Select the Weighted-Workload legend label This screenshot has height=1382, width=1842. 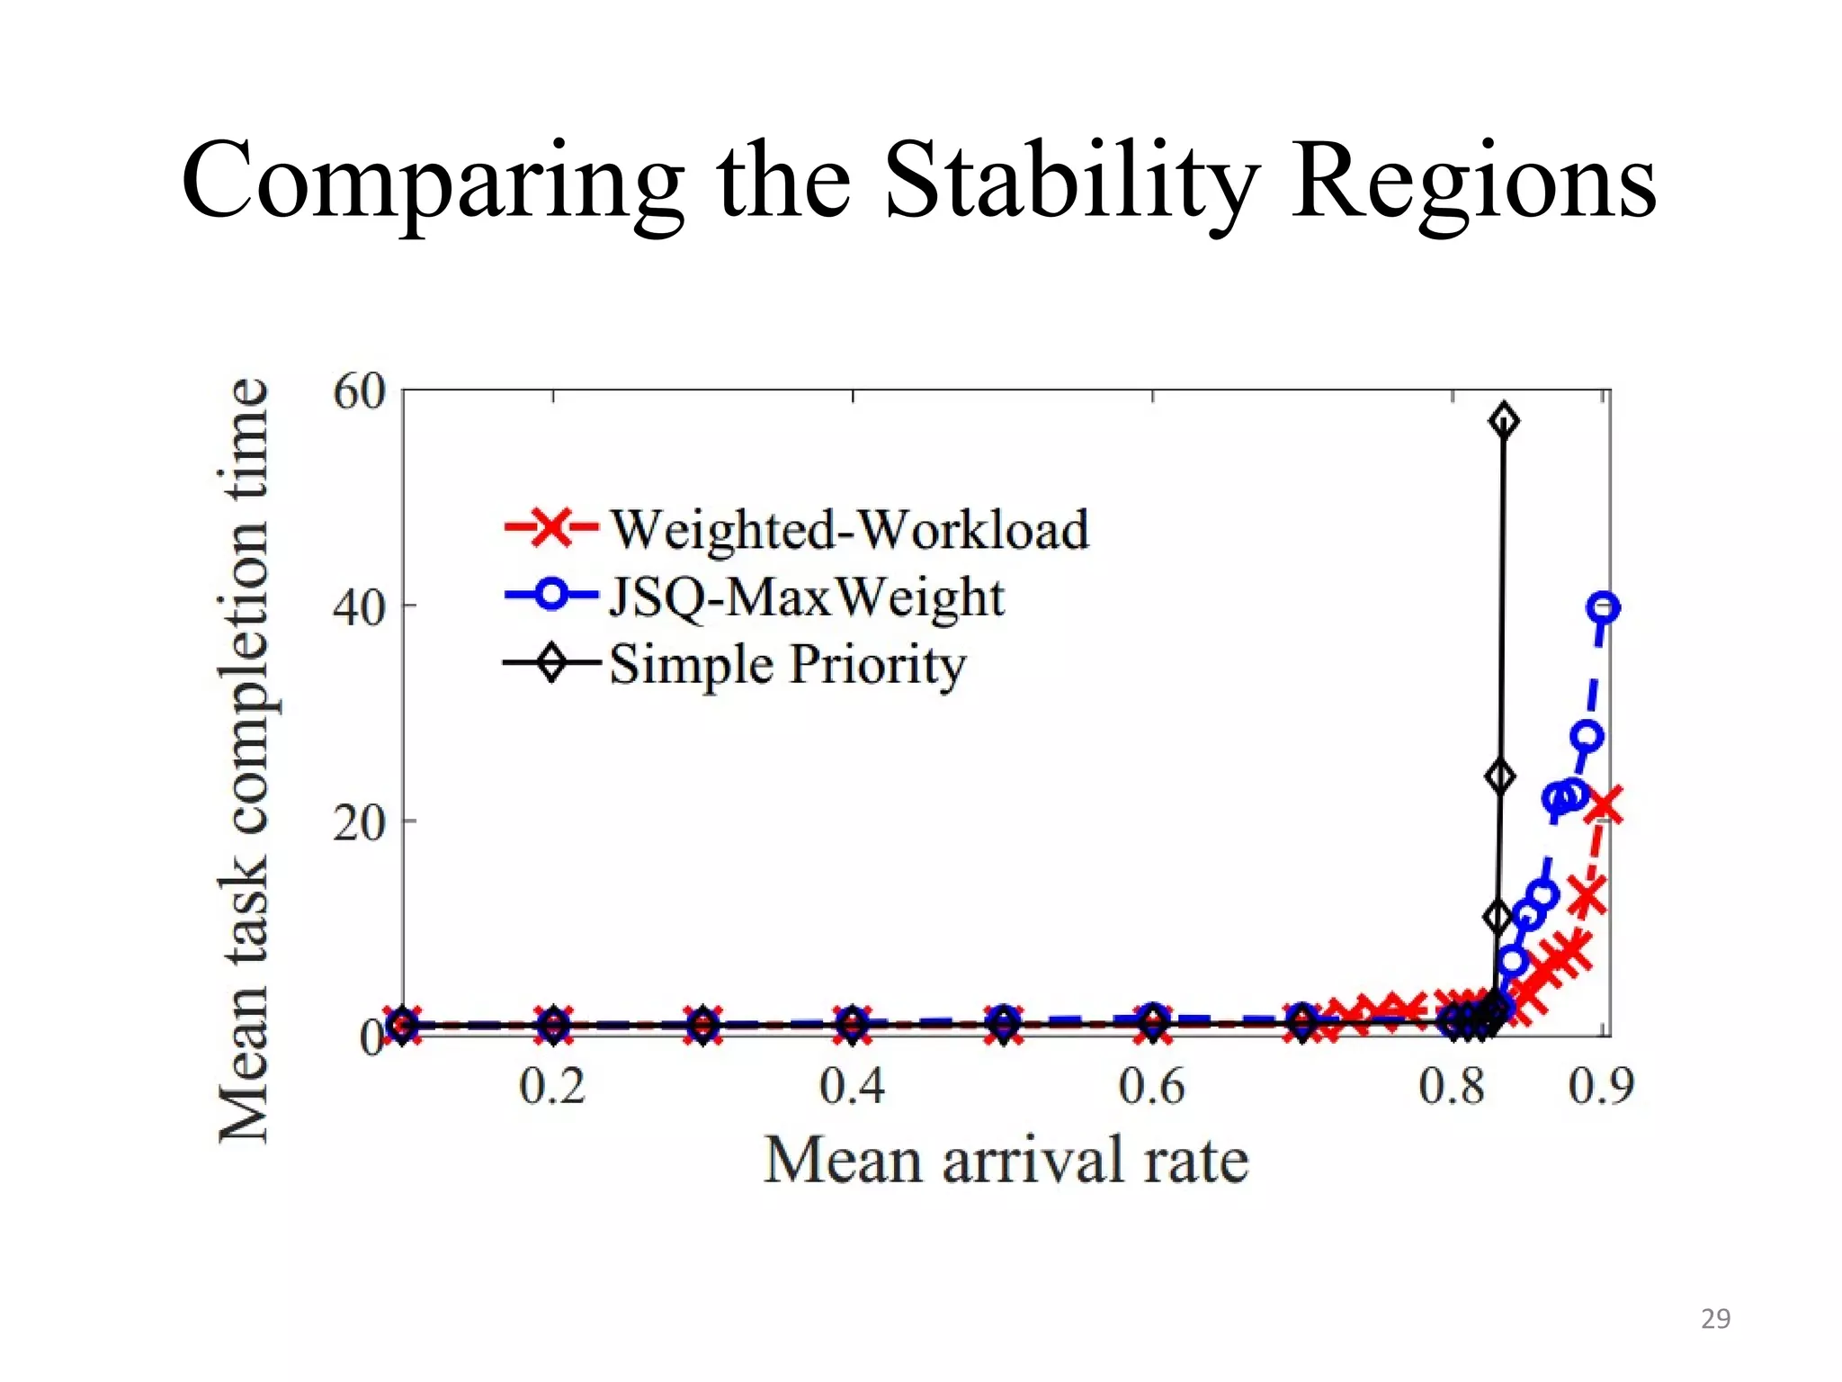pos(849,529)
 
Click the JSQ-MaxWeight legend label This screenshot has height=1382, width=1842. pos(806,597)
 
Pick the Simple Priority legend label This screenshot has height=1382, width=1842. pos(787,666)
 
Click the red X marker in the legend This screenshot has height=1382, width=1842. pos(551,527)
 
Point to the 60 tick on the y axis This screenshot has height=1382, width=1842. pos(358,392)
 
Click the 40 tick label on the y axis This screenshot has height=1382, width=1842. pos(358,607)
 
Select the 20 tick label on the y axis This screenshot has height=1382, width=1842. pos(358,822)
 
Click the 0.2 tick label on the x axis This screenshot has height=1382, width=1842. pos(552,1087)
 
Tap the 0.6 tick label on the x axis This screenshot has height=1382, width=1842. pos(1151,1087)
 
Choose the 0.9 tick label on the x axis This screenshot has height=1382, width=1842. pos(1601,1087)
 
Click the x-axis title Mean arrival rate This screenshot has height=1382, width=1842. pos(1006,1161)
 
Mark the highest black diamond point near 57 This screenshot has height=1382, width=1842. pos(1504,421)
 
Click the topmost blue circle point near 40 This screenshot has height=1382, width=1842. pos(1604,608)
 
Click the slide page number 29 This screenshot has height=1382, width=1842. pos(1715,1319)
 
